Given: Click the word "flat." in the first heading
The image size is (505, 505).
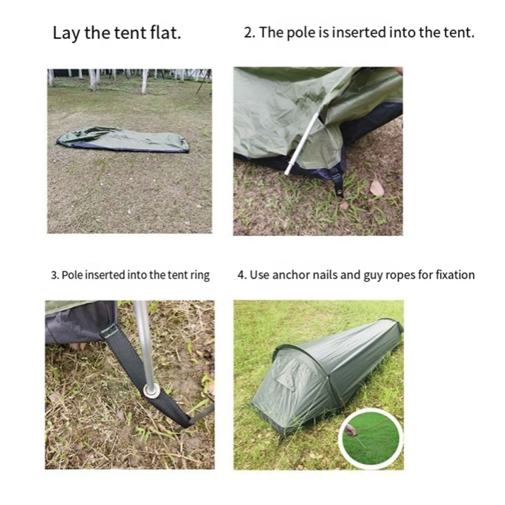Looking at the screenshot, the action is pos(165,33).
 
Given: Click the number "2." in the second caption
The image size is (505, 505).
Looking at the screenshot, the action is pos(249,33).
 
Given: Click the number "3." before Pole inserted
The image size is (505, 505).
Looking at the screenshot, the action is pos(55,275).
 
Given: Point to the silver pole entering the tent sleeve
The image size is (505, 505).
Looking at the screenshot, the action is pos(302,142).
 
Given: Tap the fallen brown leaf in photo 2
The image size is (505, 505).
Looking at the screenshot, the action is pos(376,188).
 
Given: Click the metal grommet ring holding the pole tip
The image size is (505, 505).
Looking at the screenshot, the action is pos(151,391).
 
